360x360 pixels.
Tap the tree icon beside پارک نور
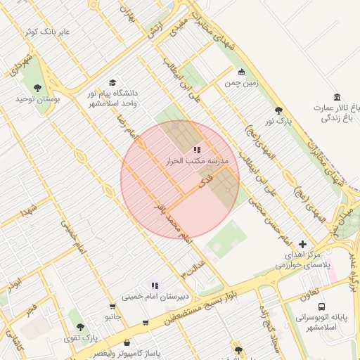pyautogui.click(x=279, y=110)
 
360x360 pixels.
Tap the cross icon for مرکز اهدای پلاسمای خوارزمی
pyautogui.click(x=302, y=243)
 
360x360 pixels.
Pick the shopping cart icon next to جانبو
pyautogui.click(x=112, y=306)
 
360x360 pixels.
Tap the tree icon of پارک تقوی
pyautogui.click(x=80, y=327)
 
